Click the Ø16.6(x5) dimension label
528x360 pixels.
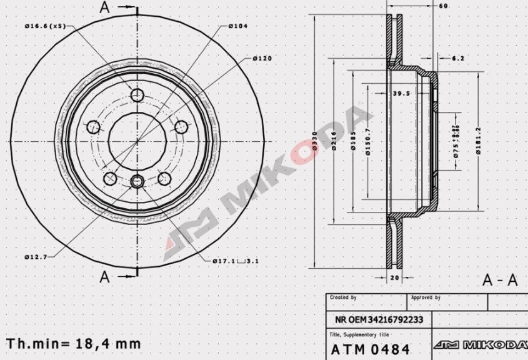coord(44,26)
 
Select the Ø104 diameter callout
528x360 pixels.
coord(239,26)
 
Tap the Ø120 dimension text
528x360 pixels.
coord(263,58)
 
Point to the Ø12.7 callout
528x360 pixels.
coord(35,257)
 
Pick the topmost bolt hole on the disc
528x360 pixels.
coord(137,96)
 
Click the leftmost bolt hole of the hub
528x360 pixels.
coord(93,127)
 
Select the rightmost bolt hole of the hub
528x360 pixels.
coord(181,127)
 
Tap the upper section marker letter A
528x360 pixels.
coord(104,7)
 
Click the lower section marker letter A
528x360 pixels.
coord(104,276)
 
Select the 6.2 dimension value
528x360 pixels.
coord(457,58)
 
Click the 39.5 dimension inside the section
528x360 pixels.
coord(401,94)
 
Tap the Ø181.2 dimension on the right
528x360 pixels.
coord(478,142)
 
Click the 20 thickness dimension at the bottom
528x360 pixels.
coord(394,276)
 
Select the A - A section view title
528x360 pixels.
coord(500,280)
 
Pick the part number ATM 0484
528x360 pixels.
coord(370,347)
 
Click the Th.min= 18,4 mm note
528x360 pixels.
coord(74,344)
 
